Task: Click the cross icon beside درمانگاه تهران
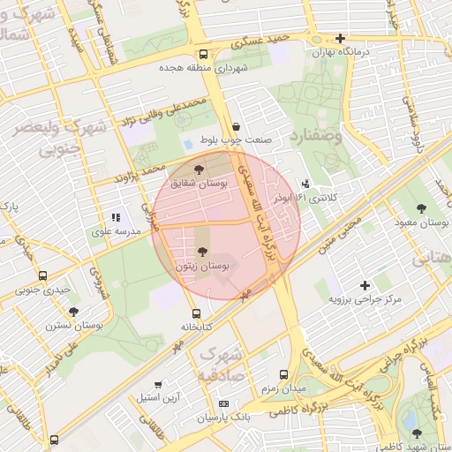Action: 340,38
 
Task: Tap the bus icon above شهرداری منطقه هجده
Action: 204,53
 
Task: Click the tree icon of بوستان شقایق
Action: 198,169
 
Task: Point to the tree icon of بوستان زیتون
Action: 203,252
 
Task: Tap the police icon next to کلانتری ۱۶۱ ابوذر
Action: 305,184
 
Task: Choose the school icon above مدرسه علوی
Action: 116,217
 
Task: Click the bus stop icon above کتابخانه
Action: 196,313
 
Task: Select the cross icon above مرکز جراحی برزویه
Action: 365,285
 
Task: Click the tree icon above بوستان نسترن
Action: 72,311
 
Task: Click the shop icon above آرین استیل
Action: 158,384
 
